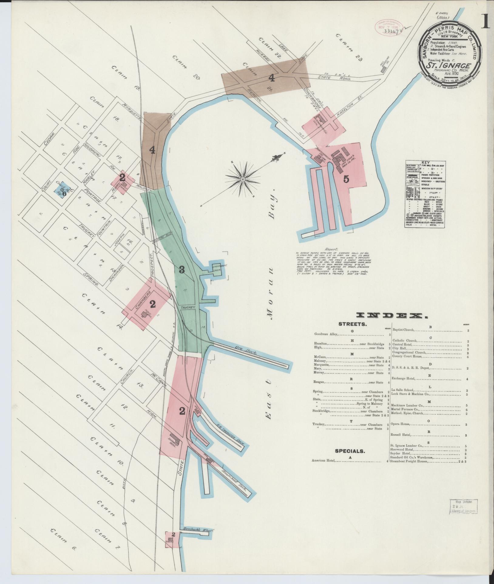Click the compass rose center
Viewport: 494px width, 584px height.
242,179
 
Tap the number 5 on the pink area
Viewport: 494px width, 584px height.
346,179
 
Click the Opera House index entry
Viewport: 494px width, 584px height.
401,424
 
